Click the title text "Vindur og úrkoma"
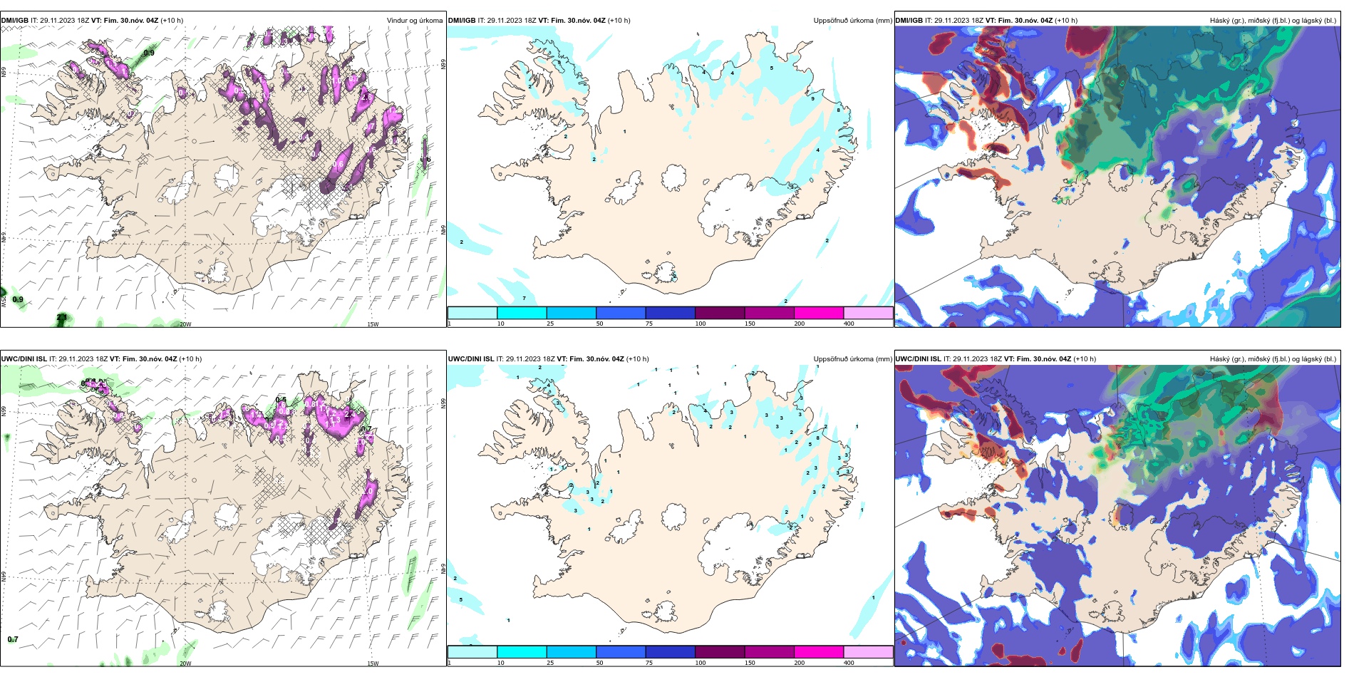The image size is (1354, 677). (414, 21)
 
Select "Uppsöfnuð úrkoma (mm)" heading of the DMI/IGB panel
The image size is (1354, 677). (852, 21)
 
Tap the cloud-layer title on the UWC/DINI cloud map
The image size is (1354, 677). (1273, 359)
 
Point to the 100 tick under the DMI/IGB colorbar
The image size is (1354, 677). (700, 324)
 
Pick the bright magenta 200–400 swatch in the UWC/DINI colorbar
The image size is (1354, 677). (819, 652)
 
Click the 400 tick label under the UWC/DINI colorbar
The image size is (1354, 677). (849, 663)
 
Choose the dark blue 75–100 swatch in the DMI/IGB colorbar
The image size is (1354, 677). (670, 313)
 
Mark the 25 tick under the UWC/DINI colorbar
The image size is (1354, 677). (550, 663)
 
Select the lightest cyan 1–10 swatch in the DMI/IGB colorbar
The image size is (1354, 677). (472, 313)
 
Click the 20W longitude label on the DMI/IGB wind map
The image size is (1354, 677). (185, 324)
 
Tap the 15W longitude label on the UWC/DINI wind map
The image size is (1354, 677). (373, 663)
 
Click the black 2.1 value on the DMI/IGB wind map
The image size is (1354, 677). (62, 317)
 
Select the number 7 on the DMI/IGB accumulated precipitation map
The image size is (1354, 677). (524, 298)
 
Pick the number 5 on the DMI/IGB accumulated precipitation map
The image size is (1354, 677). (772, 68)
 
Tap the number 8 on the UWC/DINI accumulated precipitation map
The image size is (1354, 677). (817, 438)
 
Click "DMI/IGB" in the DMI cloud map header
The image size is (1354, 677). (909, 21)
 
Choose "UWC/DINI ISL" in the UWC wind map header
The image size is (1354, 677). (24, 359)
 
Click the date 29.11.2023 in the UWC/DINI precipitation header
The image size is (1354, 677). (524, 359)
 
